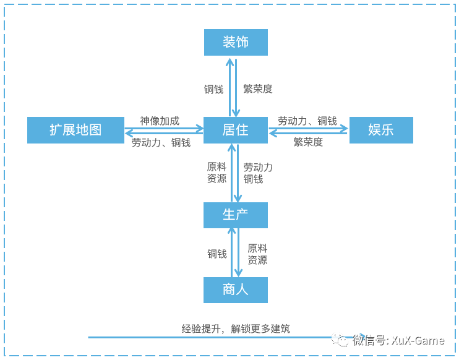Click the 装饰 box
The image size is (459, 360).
(236, 42)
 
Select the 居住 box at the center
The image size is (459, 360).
(236, 130)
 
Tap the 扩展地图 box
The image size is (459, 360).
(75, 130)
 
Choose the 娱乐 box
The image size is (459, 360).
(381, 130)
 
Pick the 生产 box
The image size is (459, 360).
(236, 215)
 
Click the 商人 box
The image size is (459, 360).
(236, 289)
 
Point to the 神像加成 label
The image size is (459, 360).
(160, 121)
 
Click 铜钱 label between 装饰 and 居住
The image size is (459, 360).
(214, 89)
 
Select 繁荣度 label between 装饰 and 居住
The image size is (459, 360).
(258, 89)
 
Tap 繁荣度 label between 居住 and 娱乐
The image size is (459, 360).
(308, 142)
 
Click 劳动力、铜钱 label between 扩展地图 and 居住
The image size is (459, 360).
(161, 142)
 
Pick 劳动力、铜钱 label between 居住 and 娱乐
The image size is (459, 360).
(307, 121)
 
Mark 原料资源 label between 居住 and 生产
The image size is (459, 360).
(217, 173)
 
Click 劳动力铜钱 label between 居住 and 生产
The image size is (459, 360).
(258, 173)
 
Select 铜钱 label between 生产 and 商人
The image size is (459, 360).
(217, 254)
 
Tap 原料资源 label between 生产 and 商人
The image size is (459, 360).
(257, 254)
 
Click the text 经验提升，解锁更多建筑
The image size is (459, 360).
(236, 329)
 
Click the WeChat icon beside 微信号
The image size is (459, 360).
(340, 340)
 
